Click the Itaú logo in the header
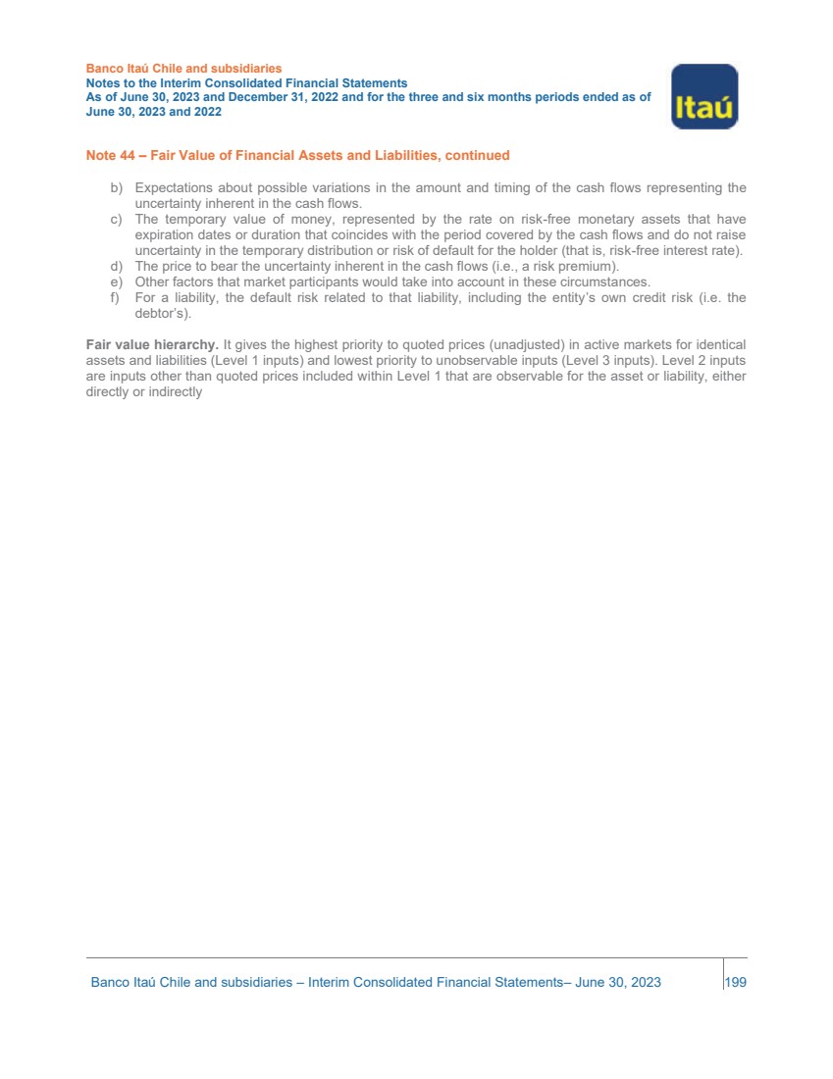(704, 96)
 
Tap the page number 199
(735, 982)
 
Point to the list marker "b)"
(115, 187)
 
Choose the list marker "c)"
(115, 220)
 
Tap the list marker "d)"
(115, 267)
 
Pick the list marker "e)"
(115, 283)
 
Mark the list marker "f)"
(115, 298)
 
